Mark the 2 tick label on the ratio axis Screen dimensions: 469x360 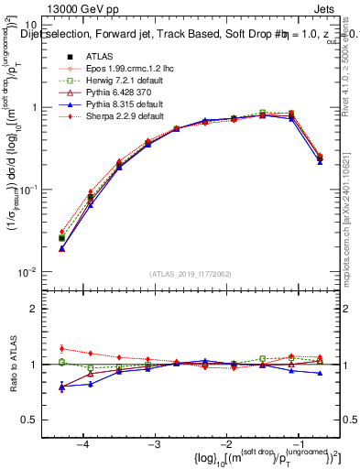[x=36, y=309]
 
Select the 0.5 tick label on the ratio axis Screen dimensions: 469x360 [x=31, y=420]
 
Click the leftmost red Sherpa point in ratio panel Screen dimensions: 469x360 [x=61, y=348]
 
